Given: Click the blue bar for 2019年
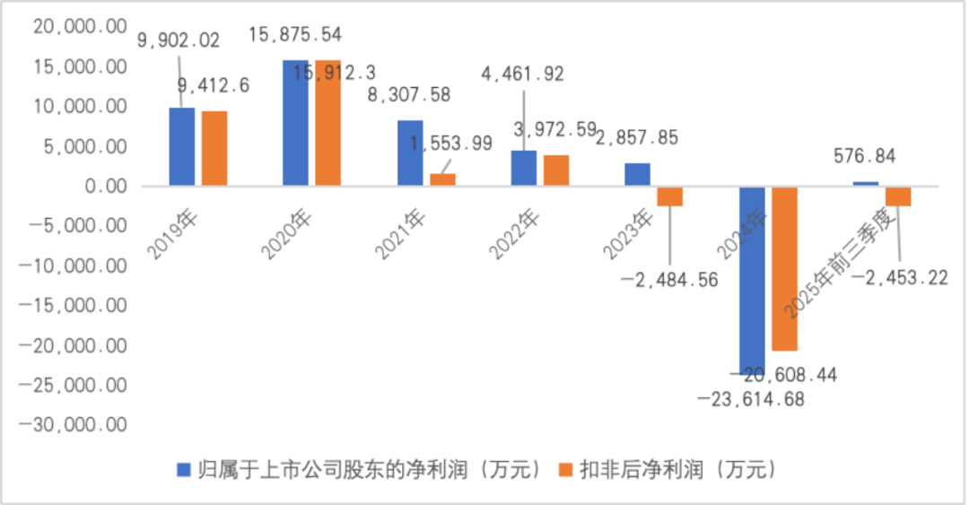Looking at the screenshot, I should click(x=182, y=147).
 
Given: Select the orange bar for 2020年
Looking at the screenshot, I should click(x=327, y=124).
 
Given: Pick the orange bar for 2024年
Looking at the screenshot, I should click(x=784, y=268).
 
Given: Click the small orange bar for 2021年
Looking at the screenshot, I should click(x=442, y=179).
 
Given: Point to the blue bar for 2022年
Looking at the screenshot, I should click(x=524, y=168).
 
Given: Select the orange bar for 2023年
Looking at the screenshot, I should click(x=670, y=196).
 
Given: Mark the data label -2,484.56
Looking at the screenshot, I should click(x=669, y=279).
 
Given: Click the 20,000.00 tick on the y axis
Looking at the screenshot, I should click(x=80, y=27).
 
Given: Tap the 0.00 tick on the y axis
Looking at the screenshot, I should click(x=100, y=187).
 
